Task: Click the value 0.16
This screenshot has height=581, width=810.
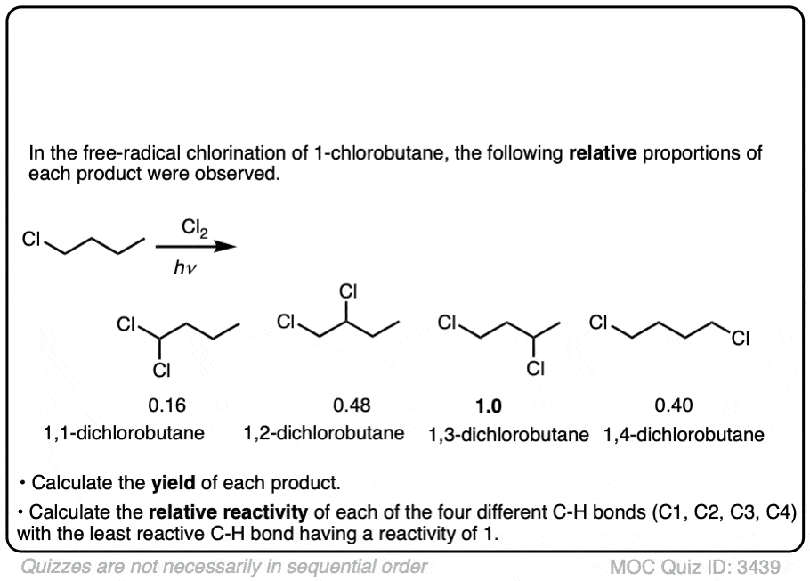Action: pos(166,406)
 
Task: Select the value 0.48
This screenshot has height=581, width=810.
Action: pos(351,406)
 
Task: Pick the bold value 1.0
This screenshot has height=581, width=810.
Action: pos(489,407)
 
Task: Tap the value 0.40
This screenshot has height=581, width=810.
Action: pos(673,406)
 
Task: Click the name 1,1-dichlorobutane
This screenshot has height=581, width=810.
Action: pos(124,434)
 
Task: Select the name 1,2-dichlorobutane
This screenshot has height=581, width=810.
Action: pos(324,434)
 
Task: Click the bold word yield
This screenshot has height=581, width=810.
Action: pos(174,483)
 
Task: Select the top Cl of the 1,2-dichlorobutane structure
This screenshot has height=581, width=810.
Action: pos(348,290)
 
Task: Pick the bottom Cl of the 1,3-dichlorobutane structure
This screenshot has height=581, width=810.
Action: pos(534,366)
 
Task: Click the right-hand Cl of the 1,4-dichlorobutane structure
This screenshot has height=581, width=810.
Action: pos(741,337)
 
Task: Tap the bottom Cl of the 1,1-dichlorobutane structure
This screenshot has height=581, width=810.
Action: pos(161,367)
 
